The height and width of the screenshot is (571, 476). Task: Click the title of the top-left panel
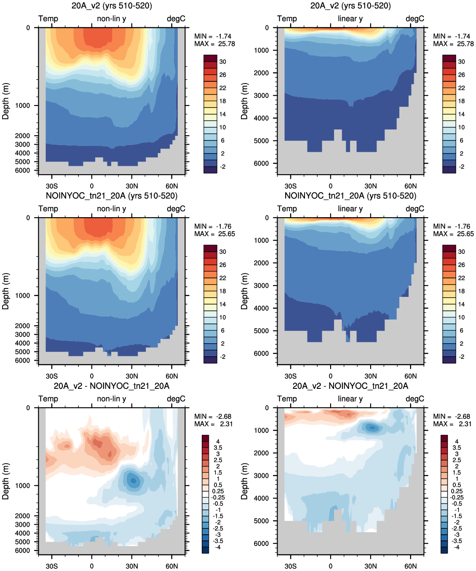click(x=112, y=5)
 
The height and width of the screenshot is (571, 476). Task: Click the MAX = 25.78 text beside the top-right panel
click(x=453, y=44)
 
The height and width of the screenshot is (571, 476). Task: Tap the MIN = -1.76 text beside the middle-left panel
click(x=213, y=226)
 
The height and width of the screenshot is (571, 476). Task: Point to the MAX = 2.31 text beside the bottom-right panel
click(x=451, y=424)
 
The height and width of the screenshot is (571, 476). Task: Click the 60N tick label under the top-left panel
click(x=171, y=186)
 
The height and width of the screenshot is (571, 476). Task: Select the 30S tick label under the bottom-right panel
click(x=291, y=566)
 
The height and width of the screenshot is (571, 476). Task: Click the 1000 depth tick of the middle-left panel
click(x=22, y=296)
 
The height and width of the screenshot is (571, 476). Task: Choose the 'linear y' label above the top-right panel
click(x=350, y=19)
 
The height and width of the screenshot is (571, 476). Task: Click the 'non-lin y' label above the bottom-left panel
click(x=112, y=399)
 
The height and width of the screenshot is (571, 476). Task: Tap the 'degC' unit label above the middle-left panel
click(x=176, y=209)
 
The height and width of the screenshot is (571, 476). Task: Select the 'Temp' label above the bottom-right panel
click(x=287, y=399)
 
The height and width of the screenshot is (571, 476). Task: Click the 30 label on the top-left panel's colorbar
click(x=223, y=62)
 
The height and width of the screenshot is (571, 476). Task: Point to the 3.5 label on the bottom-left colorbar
click(x=218, y=448)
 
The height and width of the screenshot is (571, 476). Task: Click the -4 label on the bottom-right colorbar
click(x=457, y=547)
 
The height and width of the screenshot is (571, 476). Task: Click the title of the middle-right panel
click(x=350, y=196)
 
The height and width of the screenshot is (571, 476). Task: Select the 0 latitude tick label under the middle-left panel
click(x=92, y=376)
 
